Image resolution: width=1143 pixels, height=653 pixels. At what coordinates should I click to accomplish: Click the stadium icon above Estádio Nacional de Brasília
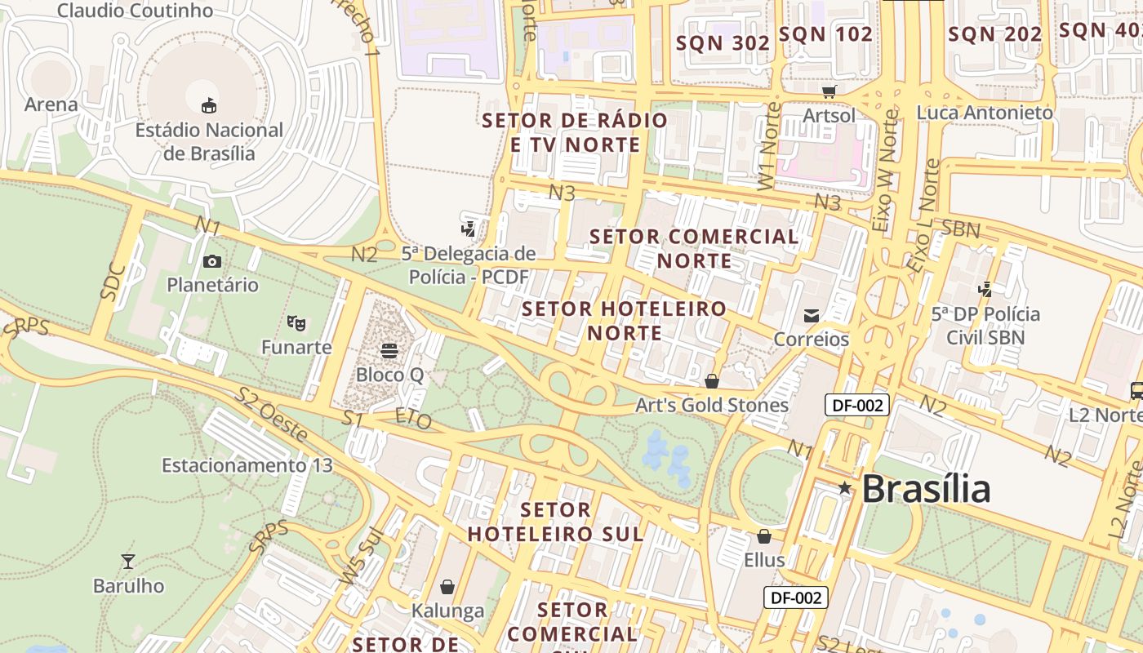click(209, 105)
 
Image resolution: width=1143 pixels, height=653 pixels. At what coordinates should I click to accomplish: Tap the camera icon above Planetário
click(212, 261)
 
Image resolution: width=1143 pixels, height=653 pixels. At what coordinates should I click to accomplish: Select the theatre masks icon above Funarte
click(296, 323)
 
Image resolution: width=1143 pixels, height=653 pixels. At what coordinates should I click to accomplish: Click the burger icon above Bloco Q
click(389, 351)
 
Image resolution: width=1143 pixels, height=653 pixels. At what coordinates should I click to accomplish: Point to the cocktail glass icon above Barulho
click(127, 562)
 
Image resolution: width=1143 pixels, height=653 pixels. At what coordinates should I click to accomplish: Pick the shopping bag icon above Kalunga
click(447, 587)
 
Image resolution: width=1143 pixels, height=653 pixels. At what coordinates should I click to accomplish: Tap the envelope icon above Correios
click(812, 315)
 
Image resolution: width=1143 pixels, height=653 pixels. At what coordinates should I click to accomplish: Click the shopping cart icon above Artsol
click(829, 91)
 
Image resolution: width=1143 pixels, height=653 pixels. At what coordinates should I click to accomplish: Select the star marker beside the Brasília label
click(845, 488)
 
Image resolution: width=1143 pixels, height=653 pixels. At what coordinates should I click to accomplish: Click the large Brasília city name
click(926, 489)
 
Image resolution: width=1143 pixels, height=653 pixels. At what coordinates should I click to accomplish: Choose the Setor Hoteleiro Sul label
click(556, 522)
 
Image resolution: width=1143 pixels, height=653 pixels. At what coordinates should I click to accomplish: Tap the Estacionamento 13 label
click(247, 465)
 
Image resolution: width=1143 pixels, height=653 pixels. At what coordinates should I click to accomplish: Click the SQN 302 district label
click(723, 43)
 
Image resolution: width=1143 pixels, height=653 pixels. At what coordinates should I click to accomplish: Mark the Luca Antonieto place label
click(985, 113)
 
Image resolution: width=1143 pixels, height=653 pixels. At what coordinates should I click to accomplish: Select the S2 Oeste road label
click(271, 415)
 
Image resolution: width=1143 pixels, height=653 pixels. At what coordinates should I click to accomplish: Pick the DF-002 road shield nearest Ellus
click(796, 597)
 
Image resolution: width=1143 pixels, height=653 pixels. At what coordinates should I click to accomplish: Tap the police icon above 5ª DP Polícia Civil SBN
click(985, 289)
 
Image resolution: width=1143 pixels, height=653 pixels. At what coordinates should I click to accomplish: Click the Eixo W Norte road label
click(885, 171)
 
